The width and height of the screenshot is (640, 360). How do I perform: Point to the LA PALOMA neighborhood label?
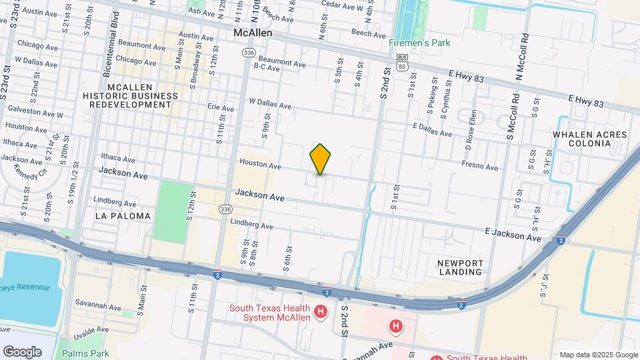click(x=123, y=216)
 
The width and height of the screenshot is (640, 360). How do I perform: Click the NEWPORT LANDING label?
click(x=460, y=267)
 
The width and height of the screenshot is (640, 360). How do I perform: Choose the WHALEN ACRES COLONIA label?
click(x=590, y=140)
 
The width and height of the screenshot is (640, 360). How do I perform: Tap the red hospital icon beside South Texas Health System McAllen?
click(x=321, y=311)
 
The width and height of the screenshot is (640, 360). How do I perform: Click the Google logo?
click(x=22, y=351)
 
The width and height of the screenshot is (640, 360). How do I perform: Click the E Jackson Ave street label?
click(x=513, y=233)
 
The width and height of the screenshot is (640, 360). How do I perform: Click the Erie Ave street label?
click(x=221, y=107)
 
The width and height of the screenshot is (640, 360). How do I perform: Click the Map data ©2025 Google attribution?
click(x=598, y=355)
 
